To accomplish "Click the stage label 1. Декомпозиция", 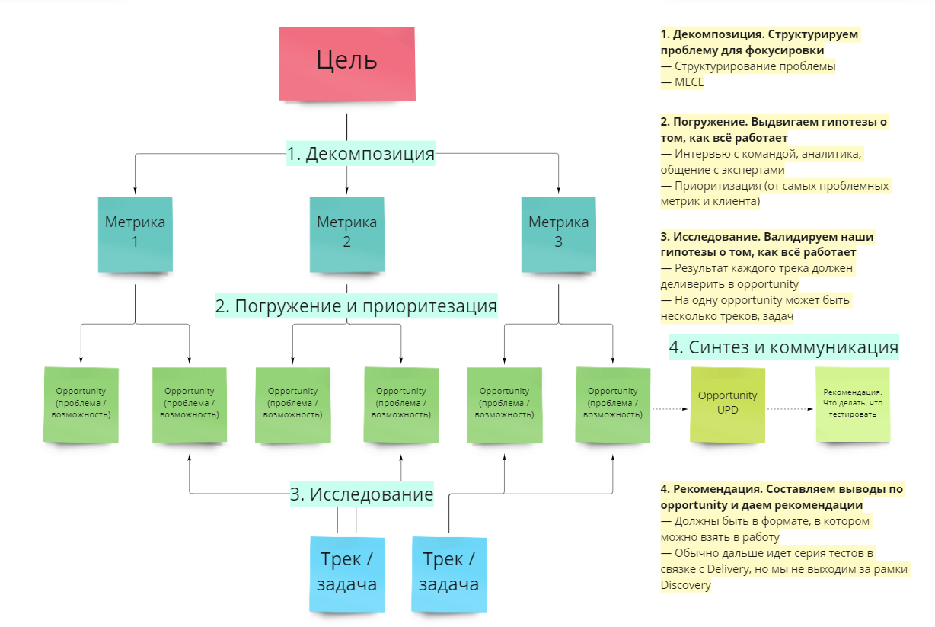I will pos(360,154).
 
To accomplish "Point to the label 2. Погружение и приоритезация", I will pos(356,306).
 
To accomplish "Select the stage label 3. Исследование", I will pos(362,494).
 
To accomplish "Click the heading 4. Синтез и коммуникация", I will pos(783,347).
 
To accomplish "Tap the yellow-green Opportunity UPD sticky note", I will pos(728,405).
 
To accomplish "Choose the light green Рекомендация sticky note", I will pos(853,405).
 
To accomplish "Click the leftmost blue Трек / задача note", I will pos(346,573).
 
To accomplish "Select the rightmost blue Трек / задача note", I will pos(448,573).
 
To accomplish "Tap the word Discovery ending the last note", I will pos(686,585).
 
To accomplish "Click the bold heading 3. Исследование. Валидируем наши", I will pos(767,236).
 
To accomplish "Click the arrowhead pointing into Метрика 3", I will pos(558,191).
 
